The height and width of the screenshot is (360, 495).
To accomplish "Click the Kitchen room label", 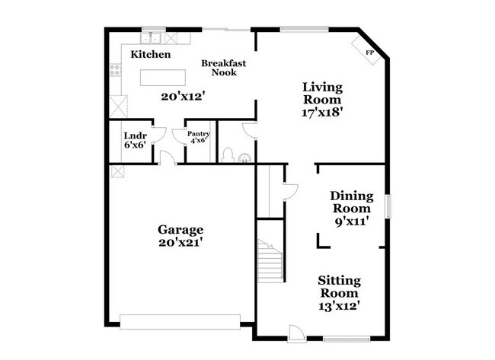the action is pos(151,54).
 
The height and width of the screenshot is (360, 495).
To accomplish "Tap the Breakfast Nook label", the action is pos(223,68).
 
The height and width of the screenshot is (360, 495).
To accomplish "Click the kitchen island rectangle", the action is pos(163,78).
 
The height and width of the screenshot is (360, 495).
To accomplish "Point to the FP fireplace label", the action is pos(369,53).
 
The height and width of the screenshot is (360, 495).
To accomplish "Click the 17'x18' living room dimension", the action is pos(322,113).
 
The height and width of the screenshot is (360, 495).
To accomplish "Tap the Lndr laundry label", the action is pos(135,136).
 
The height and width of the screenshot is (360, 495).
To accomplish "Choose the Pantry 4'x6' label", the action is pos(199,137).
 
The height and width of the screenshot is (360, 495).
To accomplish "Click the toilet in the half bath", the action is pos(228,155).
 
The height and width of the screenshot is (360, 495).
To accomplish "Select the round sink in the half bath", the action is pos(244,158).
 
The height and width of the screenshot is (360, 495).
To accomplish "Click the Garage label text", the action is pos(180,230).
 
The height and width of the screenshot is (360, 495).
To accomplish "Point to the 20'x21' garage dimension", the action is pos(180,243).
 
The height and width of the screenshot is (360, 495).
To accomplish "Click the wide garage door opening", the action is pos(180,322).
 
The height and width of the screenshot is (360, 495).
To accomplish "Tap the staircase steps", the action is pos(270,261).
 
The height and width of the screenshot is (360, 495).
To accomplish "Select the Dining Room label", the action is pos(352,202).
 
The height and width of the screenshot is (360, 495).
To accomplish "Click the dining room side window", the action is pos(388,206).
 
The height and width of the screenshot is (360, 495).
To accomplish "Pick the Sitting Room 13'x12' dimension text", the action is pos(340,306).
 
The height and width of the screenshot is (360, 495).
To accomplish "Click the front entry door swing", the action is pos(297,333).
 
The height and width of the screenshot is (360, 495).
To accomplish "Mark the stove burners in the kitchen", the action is pos(115,70).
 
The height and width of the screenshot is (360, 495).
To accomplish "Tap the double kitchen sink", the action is pos(151,38).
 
